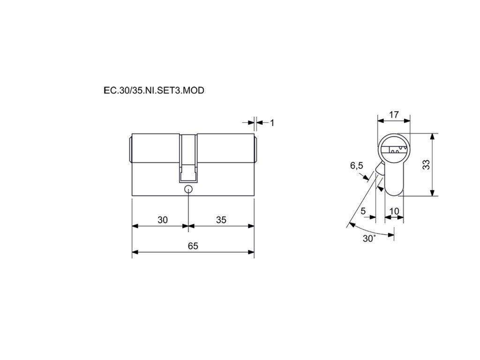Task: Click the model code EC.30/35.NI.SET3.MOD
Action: tap(154, 90)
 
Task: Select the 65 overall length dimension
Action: tap(193, 246)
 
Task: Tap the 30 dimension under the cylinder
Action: tap(163, 220)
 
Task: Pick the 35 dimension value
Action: tap(221, 220)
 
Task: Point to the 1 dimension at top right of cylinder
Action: tap(272, 123)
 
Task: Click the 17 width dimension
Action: tap(394, 114)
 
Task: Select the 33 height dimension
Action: tap(426, 165)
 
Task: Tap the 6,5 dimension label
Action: tap(357, 165)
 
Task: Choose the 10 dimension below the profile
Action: tap(394, 211)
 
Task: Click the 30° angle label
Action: tap(369, 239)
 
